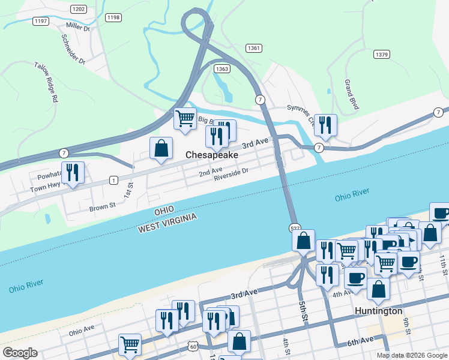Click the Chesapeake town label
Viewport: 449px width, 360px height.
click(211, 155)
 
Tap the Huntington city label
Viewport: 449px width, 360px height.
click(378, 311)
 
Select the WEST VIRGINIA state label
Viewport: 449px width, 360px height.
click(167, 221)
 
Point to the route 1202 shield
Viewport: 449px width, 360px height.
click(78, 9)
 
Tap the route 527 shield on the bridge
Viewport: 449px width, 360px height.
click(294, 228)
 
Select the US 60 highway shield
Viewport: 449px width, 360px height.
click(192, 346)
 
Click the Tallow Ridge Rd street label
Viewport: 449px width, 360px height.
click(46, 81)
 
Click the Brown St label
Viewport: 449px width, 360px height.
click(102, 207)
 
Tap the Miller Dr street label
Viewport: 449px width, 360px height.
click(78, 28)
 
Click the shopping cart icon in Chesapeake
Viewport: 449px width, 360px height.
click(185, 118)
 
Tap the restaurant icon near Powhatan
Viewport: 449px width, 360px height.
click(73, 172)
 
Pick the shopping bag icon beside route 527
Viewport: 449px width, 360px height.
click(304, 240)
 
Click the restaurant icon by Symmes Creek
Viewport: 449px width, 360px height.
click(325, 125)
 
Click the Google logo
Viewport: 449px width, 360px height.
click(20, 353)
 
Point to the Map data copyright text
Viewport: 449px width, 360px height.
click(412, 355)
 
